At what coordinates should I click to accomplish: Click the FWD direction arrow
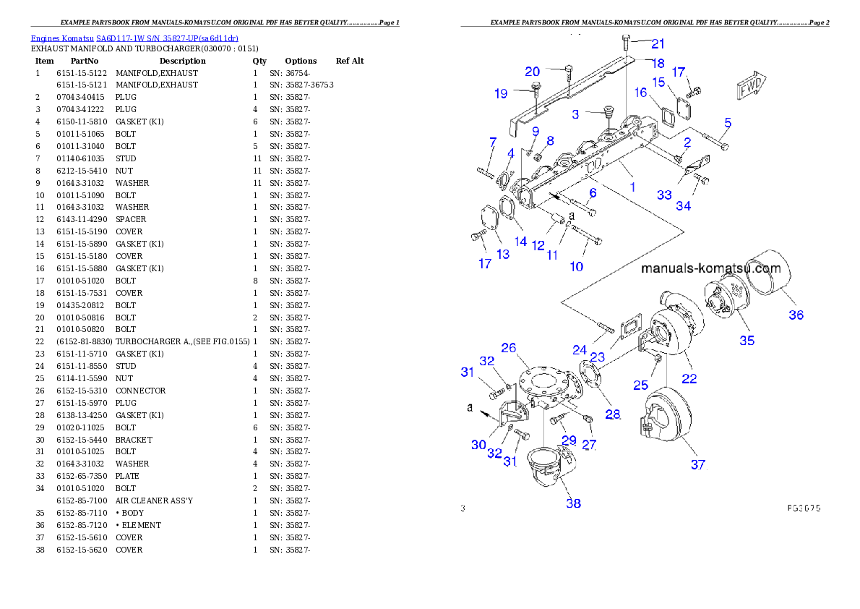point(751,87)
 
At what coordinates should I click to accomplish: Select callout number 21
point(658,43)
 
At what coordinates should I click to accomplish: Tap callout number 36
point(796,315)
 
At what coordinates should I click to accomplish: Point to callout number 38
point(573,503)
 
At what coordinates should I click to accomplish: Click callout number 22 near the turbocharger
point(689,378)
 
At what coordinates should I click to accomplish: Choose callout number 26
point(508,348)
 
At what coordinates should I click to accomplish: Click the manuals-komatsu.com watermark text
point(711,269)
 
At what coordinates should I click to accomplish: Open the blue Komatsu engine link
point(134,38)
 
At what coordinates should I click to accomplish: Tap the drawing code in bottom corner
point(803,508)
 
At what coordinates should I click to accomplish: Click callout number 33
point(664,195)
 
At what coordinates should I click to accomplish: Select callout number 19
point(501,93)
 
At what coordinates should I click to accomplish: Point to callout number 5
point(728,122)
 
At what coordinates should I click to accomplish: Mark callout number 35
point(747,339)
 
